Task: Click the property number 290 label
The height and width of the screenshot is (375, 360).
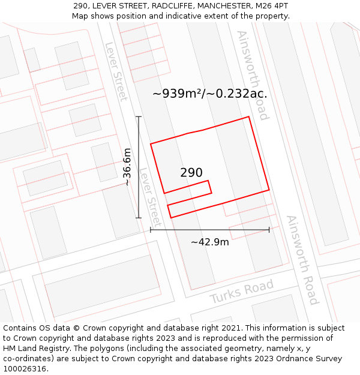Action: click(x=191, y=173)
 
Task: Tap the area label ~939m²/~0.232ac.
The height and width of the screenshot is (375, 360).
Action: click(x=209, y=94)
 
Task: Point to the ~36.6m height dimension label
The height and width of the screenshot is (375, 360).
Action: click(x=127, y=167)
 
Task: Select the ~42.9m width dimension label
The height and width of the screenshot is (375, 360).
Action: click(x=209, y=242)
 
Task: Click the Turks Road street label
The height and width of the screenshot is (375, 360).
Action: click(x=242, y=291)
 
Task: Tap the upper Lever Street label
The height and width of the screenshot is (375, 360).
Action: click(x=116, y=71)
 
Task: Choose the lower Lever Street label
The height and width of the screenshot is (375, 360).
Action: click(x=150, y=197)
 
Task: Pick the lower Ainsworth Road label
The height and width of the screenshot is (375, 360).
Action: click(x=302, y=259)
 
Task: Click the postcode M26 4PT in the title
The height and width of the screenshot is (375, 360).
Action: click(x=273, y=5)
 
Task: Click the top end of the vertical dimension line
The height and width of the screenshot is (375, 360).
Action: click(x=139, y=116)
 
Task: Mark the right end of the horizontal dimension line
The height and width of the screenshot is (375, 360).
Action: click(x=269, y=229)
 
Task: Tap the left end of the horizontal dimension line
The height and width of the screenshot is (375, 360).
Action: click(x=151, y=229)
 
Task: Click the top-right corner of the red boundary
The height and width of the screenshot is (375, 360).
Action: click(x=248, y=117)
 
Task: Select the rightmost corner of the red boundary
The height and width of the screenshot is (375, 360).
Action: click(x=269, y=190)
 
